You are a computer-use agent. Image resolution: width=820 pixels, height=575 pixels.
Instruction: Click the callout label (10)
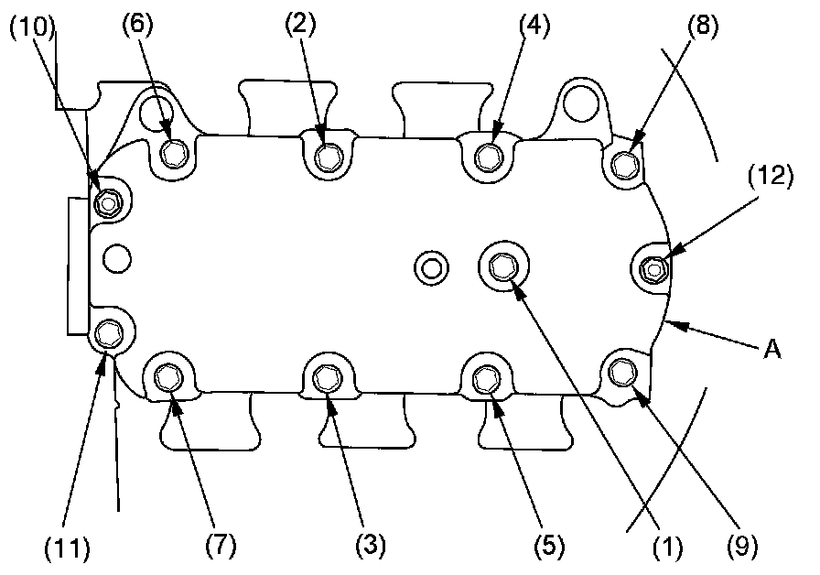[x=33, y=27]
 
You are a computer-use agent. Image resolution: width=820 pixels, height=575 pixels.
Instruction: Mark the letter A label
[x=772, y=349]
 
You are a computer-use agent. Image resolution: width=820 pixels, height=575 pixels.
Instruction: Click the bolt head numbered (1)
[x=502, y=266]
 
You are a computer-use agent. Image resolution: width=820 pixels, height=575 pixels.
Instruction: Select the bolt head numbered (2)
[x=327, y=157]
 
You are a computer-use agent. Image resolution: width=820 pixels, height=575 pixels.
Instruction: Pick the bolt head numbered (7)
[x=168, y=375]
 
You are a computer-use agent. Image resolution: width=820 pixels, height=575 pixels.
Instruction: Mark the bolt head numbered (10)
[x=109, y=201]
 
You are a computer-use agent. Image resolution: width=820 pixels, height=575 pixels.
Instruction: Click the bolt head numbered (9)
[x=624, y=370]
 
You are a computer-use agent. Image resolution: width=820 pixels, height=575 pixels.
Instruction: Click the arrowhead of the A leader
[x=666, y=321]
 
